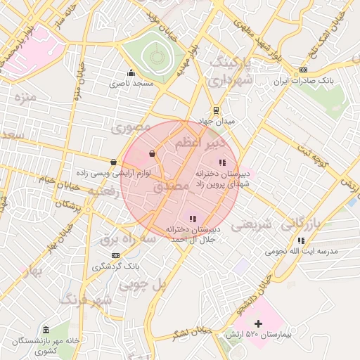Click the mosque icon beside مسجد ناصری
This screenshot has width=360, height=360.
point(131,72)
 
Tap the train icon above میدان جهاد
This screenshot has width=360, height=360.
point(216,110)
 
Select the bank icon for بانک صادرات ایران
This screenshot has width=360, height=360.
point(303,70)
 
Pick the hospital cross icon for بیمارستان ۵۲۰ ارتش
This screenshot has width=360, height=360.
point(259,323)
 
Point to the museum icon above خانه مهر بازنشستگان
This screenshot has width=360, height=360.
point(46,330)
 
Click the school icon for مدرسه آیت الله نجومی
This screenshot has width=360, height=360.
point(301,240)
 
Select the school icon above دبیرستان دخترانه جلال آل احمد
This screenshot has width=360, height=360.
point(193,219)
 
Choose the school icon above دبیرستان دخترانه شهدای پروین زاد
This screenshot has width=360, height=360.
point(223,162)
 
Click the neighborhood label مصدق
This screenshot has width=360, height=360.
point(166,188)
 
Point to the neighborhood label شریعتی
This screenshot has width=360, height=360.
point(251,225)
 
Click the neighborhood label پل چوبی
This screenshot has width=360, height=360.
point(141,285)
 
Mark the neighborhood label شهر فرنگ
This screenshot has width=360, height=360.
point(86,300)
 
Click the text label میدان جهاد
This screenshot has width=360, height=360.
point(214,122)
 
